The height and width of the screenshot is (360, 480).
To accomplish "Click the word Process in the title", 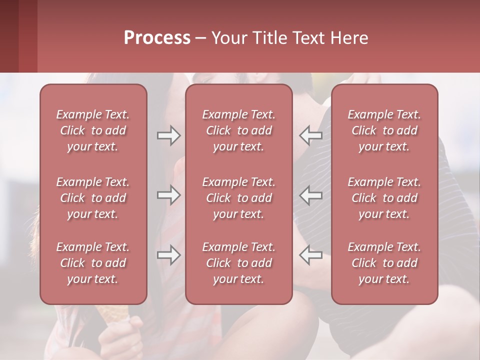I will click(157, 37).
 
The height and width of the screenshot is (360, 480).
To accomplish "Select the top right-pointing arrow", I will click(168, 135).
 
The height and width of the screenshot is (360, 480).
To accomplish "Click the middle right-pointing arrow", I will click(168, 195).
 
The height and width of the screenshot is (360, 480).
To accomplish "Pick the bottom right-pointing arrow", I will click(168, 255).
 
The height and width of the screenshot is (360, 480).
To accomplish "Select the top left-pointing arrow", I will click(310, 135).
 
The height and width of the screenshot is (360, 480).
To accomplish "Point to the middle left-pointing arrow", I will click(310, 195).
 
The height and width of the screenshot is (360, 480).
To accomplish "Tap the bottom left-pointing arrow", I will click(310, 255).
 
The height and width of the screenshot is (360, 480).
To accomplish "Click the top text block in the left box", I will click(93, 130).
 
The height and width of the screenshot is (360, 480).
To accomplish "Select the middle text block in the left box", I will click(93, 198).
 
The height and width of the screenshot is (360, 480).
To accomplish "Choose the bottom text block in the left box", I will click(93, 263).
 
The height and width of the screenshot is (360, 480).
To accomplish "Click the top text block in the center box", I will click(239, 130).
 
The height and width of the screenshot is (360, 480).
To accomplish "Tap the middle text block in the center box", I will click(239, 198).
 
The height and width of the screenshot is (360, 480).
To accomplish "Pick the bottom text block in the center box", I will click(239, 263).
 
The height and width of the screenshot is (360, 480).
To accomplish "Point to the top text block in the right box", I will click(384, 130).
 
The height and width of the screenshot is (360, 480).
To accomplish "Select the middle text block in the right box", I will click(384, 198).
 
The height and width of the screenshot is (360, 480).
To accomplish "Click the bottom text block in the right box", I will click(384, 263).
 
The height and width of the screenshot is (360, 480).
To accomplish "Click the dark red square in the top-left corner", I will click(18, 36).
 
